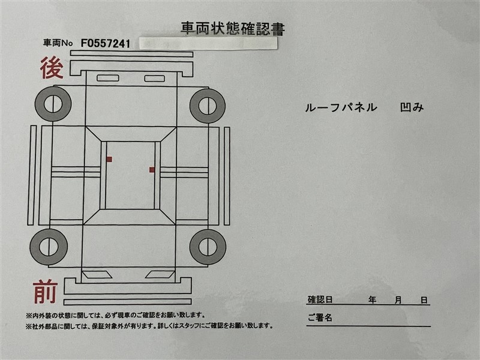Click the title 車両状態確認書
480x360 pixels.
(233, 28)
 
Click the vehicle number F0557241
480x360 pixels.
(106, 44)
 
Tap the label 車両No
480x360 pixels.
(58, 43)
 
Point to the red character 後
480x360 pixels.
(52, 68)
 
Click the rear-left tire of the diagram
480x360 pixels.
(53, 104)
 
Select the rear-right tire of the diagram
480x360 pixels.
(208, 106)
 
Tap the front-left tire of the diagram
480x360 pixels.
(49, 247)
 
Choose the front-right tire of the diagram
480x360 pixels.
(208, 247)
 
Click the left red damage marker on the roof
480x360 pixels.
(109, 159)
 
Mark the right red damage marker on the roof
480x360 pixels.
(152, 170)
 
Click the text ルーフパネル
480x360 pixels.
(341, 107)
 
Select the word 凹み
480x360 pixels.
(412, 107)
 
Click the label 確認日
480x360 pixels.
(320, 299)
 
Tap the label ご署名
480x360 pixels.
(320, 317)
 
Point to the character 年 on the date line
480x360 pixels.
(372, 299)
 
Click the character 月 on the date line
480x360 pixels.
(398, 300)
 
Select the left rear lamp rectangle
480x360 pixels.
(108, 78)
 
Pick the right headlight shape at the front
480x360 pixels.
(160, 275)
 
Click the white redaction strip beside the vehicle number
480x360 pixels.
(208, 43)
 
